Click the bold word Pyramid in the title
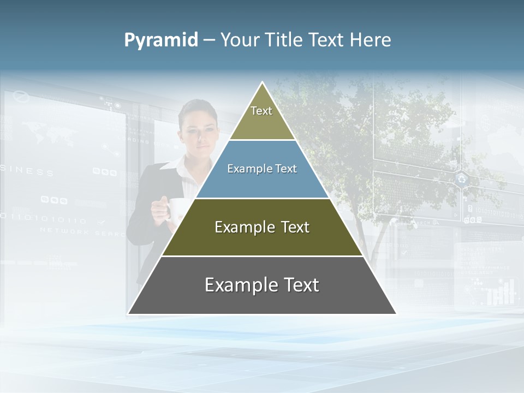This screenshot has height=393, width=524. (x=161, y=40)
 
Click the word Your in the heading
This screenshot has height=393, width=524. (x=239, y=40)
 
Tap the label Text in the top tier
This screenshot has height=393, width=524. (x=261, y=111)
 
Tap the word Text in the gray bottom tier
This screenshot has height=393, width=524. (x=299, y=285)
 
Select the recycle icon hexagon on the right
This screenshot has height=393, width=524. (x=462, y=178)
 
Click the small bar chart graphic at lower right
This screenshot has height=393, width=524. (x=501, y=293)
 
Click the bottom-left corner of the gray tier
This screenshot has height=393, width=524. (x=129, y=313)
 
